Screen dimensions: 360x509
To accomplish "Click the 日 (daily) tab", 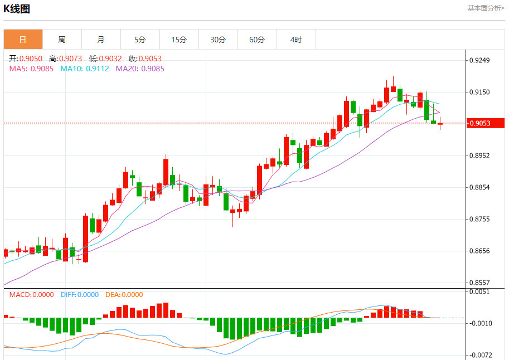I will [x=23, y=40].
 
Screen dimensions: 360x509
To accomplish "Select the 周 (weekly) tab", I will [x=62, y=40].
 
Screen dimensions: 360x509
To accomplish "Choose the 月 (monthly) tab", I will [x=101, y=40].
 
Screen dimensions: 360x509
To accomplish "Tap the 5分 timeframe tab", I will [x=140, y=40].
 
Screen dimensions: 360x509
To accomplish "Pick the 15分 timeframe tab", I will [x=179, y=40].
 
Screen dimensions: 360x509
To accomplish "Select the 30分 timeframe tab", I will [x=218, y=40].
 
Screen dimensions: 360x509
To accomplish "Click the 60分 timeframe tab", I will [x=257, y=40].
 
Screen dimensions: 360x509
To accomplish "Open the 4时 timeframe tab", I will [x=296, y=40].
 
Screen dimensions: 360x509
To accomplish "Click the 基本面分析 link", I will [x=486, y=8].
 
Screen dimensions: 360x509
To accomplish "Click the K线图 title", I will [x=17, y=9].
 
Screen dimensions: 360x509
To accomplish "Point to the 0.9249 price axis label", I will [x=481, y=60].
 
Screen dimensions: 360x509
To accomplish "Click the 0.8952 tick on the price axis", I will [x=481, y=155].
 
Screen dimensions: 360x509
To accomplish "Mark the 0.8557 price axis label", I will [x=481, y=283].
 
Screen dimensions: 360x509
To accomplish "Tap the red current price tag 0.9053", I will [x=485, y=123].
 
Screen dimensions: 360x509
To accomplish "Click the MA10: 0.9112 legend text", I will [x=85, y=69].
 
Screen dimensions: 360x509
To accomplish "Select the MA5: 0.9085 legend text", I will [x=31, y=69].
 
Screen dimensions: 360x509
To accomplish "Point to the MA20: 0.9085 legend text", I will [x=140, y=69].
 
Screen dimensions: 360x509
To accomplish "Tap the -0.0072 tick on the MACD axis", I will [x=481, y=355].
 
